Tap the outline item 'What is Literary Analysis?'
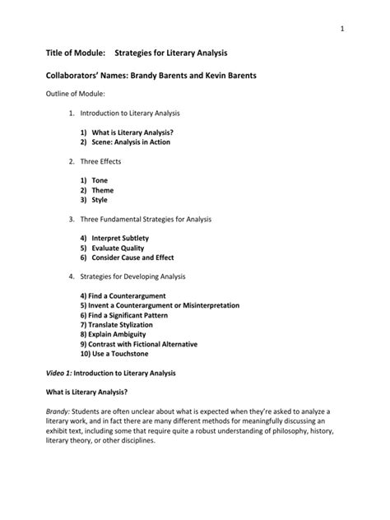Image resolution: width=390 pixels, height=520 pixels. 132,132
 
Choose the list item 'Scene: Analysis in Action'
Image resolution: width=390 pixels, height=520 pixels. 133,142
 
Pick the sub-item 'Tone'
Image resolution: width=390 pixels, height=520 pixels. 100,180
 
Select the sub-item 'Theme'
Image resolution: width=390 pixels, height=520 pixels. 103,190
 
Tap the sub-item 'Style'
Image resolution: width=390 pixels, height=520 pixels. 100,200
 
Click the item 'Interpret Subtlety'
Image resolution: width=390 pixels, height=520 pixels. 120,239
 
